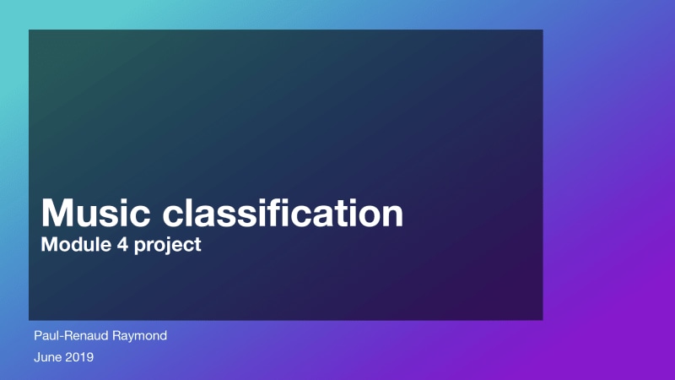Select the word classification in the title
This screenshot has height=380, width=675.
(283, 214)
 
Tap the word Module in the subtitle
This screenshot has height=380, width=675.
(69, 246)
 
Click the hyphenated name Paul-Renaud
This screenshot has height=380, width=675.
(70, 335)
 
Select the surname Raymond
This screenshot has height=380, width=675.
(139, 336)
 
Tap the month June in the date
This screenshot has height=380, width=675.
(47, 357)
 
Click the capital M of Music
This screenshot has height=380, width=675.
(57, 214)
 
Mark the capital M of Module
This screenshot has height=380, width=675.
(48, 246)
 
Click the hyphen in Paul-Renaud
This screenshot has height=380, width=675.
(58, 337)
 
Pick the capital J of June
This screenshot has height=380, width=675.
(37, 357)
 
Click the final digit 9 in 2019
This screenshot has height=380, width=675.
(89, 357)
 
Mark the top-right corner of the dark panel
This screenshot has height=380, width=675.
(542, 30)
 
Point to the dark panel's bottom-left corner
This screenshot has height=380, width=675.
(30, 319)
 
